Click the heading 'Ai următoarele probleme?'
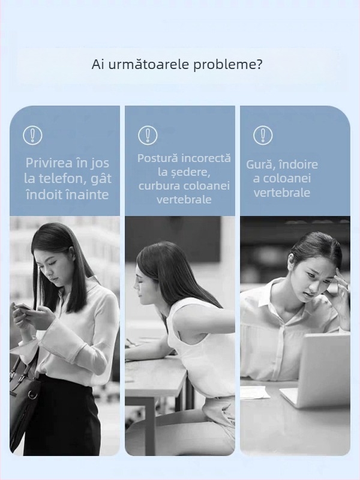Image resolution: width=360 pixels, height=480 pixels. tap(177, 65)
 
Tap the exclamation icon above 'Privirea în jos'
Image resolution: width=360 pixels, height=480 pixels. tap(32, 135)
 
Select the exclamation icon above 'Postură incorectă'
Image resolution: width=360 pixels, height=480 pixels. tap(148, 135)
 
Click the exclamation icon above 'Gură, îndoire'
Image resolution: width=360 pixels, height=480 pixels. tap(263, 135)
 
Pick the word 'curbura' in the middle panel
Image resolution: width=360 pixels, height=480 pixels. tap(157, 186)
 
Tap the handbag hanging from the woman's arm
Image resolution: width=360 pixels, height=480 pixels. tap(23, 396)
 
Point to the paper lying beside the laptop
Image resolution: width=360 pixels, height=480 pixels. tap(255, 392)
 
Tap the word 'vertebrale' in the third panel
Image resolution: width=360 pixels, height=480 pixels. tap(281, 193)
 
